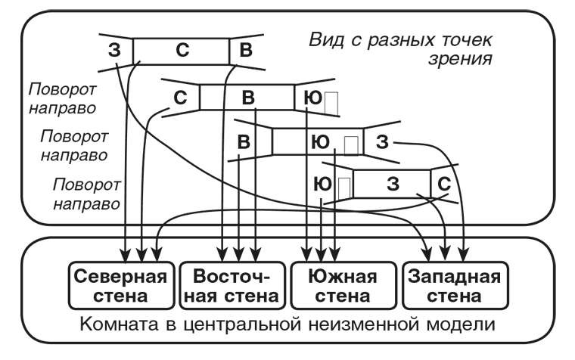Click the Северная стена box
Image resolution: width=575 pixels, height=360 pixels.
pos(120,284)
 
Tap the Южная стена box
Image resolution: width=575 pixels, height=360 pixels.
pos(343,284)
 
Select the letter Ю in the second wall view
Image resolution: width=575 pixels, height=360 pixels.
pos(309,98)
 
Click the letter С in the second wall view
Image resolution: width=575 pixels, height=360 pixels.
pos(181,98)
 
